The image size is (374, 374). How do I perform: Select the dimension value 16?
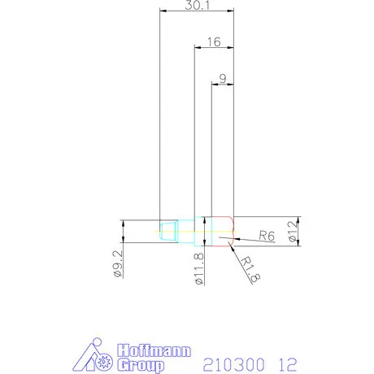[214, 41]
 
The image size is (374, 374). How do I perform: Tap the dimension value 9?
[223, 79]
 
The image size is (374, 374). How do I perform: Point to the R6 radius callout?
[266, 236]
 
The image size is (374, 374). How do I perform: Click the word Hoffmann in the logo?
[154, 351]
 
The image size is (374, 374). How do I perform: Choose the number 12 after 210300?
[286, 364]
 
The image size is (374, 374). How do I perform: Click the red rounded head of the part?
[224, 230]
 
